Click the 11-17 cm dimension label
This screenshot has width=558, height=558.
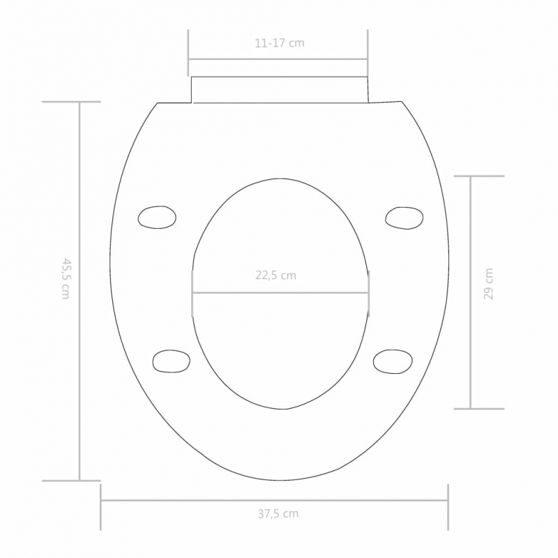point(279,43)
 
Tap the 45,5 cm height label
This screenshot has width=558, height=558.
point(66,279)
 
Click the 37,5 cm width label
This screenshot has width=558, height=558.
point(277,514)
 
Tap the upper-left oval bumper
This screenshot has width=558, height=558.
point(157,217)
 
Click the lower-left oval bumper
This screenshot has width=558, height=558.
point(172,361)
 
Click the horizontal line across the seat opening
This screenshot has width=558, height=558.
point(279,292)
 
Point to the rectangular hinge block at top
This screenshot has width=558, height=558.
point(279,89)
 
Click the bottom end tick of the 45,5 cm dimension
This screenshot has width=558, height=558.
point(70,480)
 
